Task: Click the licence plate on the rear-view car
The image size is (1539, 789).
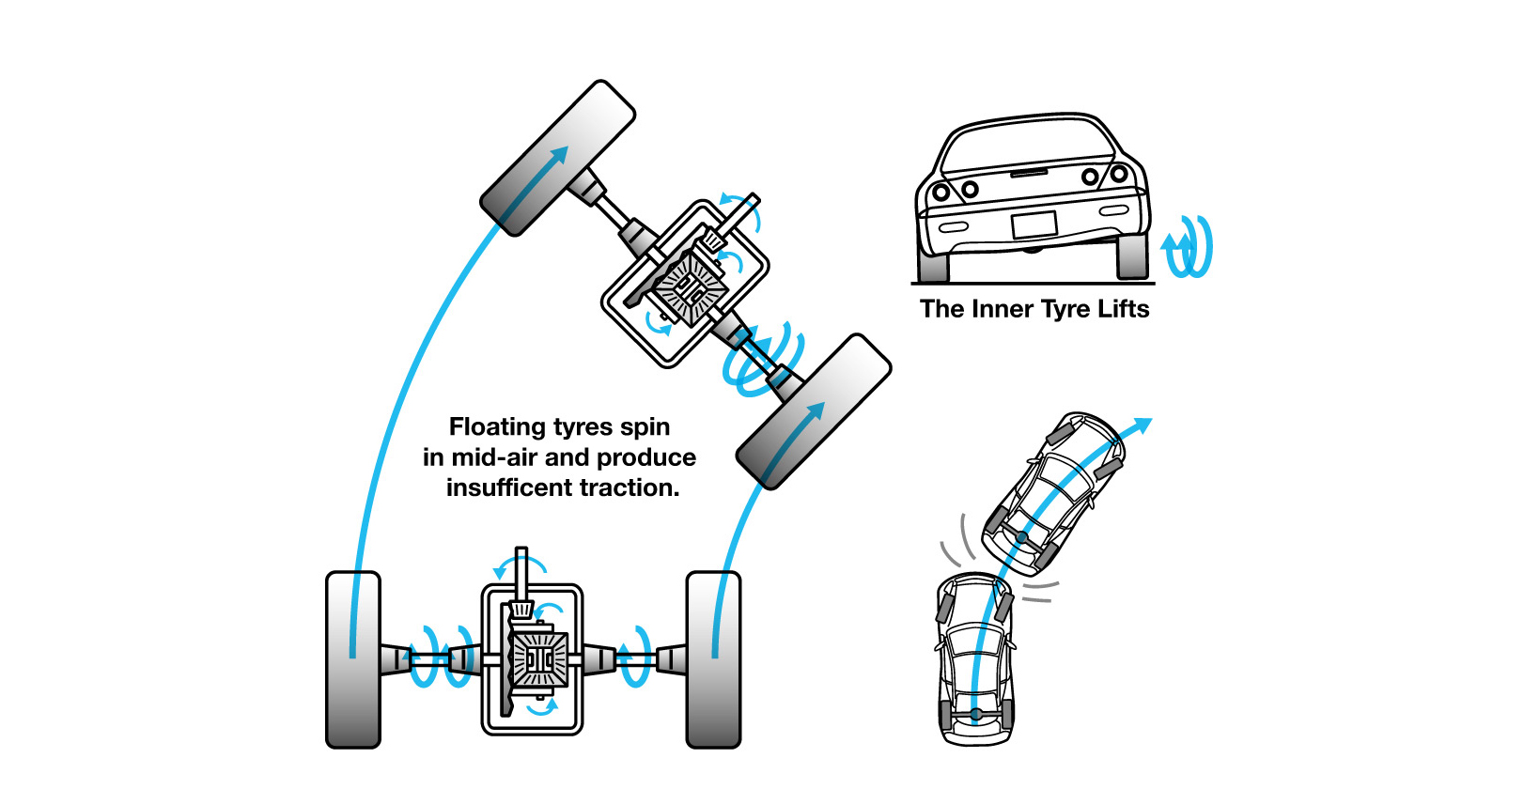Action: click(x=1034, y=225)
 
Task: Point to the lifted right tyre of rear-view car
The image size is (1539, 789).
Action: click(x=1132, y=255)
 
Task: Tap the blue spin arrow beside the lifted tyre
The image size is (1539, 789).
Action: click(x=1188, y=247)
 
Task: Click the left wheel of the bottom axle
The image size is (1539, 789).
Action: click(x=353, y=659)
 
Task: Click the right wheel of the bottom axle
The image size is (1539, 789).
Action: click(x=714, y=659)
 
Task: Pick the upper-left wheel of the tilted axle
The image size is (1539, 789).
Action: click(x=558, y=158)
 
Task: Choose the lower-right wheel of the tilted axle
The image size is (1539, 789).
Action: click(x=814, y=411)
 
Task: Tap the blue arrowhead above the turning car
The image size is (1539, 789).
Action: click(x=1142, y=425)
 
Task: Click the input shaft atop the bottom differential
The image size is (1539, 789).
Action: click(x=521, y=572)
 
